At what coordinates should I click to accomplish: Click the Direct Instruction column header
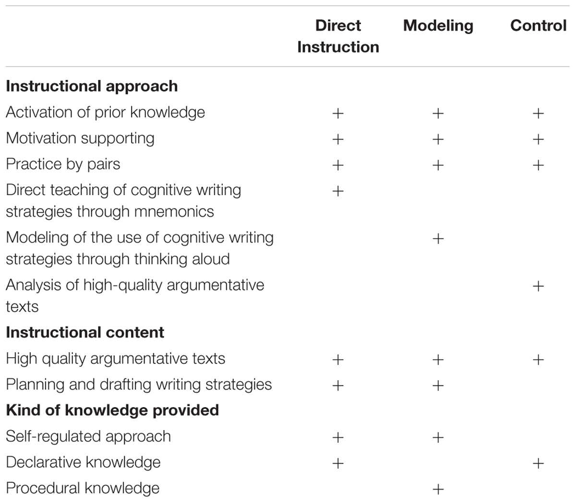[338, 36]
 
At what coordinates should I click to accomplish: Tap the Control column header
[538, 25]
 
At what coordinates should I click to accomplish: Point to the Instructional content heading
[85, 332]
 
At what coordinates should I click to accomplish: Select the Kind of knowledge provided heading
[112, 410]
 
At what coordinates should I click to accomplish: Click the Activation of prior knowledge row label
[105, 113]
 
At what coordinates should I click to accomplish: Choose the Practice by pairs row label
[63, 164]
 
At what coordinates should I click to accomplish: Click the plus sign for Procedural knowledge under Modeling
[438, 490]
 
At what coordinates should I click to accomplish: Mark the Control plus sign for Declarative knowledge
[538, 464]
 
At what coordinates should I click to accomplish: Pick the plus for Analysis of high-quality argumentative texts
[538, 286]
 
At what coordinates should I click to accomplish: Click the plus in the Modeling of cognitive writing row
[438, 239]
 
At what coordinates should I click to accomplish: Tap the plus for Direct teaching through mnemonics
[338, 191]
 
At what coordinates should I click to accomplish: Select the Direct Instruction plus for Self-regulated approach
[338, 437]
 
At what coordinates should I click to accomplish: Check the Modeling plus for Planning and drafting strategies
[438, 386]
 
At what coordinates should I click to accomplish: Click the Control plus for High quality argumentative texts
[538, 360]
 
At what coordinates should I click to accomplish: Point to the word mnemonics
[174, 212]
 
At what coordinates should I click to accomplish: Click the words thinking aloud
[182, 259]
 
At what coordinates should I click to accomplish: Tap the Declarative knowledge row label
[83, 462]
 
